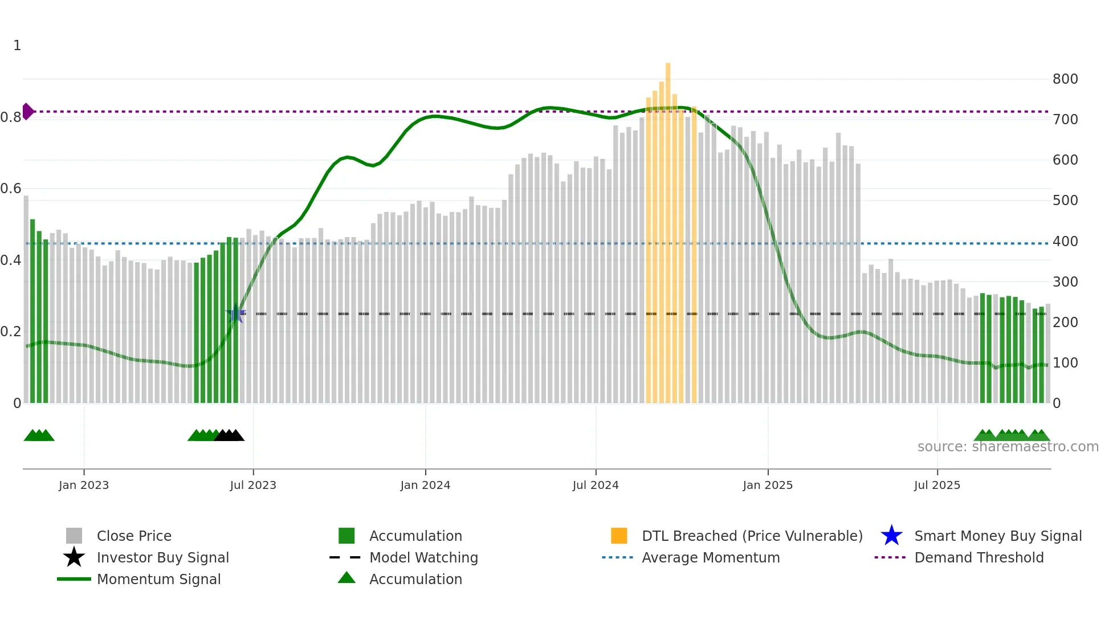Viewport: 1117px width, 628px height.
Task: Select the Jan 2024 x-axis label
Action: tap(425, 485)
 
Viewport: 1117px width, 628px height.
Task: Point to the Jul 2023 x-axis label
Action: tap(253, 485)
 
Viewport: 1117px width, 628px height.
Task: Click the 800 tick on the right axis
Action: tap(1065, 79)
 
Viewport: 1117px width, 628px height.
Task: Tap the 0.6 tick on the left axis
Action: tap(11, 189)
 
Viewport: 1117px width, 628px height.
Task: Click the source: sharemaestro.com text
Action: tap(1008, 447)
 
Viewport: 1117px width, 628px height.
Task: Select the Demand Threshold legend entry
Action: tap(979, 557)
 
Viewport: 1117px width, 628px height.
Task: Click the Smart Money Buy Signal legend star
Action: tap(891, 536)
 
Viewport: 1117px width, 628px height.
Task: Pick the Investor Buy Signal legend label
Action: tap(162, 557)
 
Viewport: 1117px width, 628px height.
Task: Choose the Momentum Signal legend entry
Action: tap(158, 579)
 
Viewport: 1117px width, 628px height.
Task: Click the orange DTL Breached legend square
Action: tap(619, 536)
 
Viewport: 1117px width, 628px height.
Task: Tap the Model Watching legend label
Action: tap(423, 557)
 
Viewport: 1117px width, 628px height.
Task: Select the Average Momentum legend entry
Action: tap(710, 557)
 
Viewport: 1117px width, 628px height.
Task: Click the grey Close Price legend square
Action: tap(74, 536)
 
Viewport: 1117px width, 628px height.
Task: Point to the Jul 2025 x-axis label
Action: tap(937, 485)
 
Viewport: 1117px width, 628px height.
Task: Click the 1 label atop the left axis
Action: tap(17, 46)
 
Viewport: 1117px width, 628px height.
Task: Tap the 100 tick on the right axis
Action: tap(1065, 363)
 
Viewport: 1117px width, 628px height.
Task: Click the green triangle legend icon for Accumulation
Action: tap(346, 578)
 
